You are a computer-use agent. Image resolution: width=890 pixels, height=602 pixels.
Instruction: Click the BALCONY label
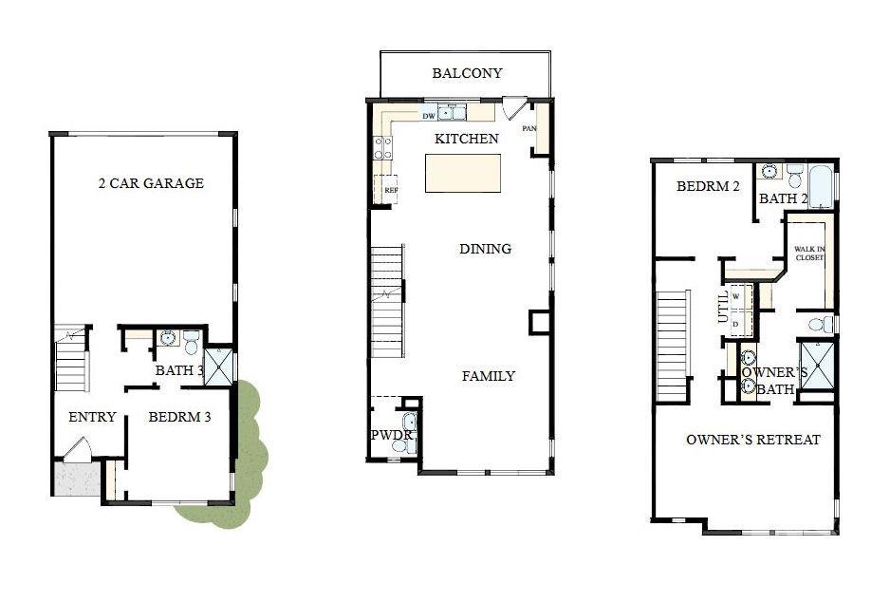tap(467, 73)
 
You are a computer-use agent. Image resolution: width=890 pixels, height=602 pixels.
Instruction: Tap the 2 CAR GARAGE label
tap(151, 183)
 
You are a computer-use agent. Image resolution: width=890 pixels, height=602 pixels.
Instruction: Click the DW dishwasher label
tap(429, 116)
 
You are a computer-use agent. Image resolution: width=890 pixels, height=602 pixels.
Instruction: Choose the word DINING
tap(485, 249)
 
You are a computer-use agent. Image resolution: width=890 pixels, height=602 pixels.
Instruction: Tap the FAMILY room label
tap(488, 376)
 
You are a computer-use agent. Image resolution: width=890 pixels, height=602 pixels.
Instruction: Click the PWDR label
tap(391, 435)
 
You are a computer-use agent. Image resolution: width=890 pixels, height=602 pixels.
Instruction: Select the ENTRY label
tap(92, 417)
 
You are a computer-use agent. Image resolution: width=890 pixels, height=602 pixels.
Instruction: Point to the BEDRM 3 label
tap(179, 417)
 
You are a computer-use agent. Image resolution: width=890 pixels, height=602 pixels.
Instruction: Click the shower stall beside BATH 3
tap(219, 366)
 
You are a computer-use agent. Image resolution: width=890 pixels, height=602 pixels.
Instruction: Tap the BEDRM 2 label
tap(708, 187)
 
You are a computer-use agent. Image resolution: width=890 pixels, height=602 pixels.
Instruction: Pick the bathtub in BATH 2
tap(822, 186)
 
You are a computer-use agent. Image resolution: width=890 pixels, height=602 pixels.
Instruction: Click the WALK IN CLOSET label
tap(809, 253)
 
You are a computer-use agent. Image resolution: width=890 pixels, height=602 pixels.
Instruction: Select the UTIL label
tap(724, 308)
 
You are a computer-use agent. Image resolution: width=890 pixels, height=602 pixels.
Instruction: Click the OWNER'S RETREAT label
tap(752, 440)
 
